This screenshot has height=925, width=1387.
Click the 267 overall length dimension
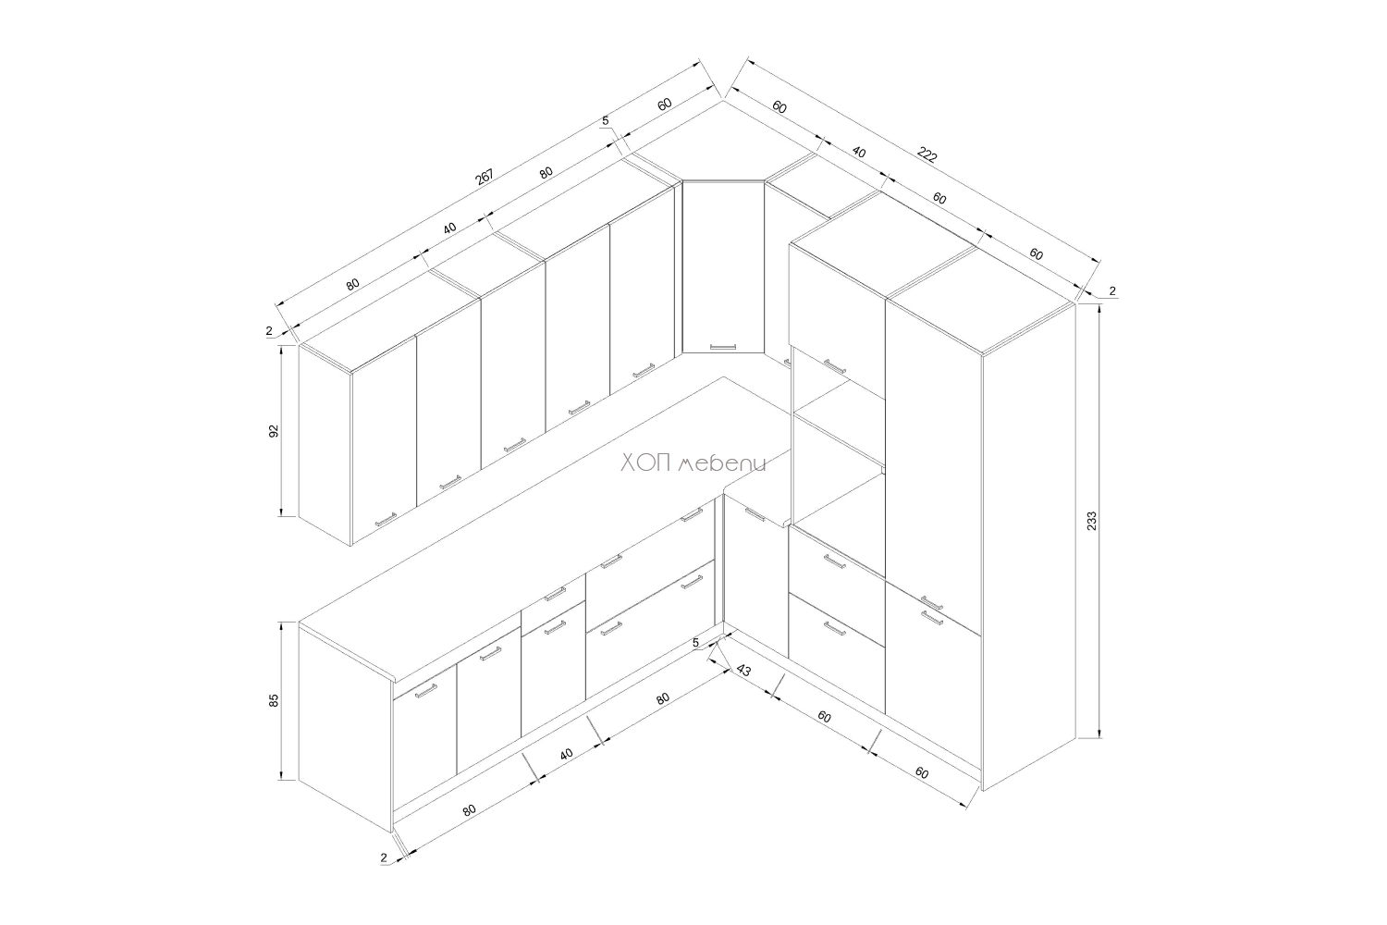(485, 177)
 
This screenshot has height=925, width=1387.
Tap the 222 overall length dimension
(927, 154)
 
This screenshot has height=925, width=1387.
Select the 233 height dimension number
(1092, 521)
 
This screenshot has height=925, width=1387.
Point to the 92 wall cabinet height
(274, 431)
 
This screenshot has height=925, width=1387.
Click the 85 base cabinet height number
(274, 700)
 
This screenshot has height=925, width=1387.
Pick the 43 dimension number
(743, 671)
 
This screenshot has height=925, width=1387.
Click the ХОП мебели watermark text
(693, 463)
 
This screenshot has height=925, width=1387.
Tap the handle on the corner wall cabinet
(723, 346)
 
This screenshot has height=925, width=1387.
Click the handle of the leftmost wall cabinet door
(386, 519)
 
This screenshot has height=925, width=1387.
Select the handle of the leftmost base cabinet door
(426, 691)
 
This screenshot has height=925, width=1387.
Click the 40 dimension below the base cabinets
(566, 754)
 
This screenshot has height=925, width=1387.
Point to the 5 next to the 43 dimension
(695, 643)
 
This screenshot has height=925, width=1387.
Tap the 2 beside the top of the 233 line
(1112, 290)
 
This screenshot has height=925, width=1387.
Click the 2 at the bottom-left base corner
(384, 857)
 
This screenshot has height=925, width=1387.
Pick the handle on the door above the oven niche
(835, 367)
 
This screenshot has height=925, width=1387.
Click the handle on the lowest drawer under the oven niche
(835, 629)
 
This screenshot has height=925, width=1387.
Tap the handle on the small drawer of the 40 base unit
(555, 594)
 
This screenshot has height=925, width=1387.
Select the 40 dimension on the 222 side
(858, 152)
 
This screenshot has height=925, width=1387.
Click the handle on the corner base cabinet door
(755, 515)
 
